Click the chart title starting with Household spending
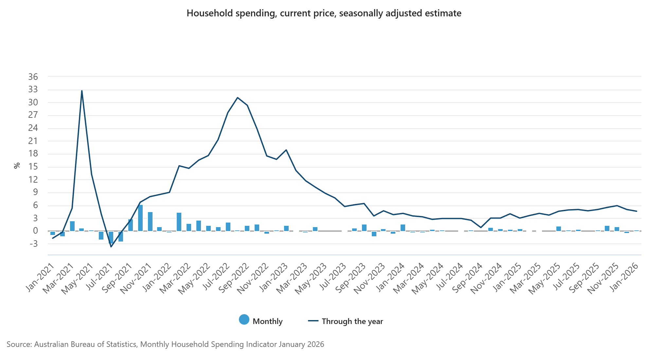coord(324,13)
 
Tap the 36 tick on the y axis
coord(33,77)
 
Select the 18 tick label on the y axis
coord(33,154)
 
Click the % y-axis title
coord(17,166)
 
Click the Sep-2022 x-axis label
coord(234,278)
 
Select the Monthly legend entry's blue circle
coord(244,320)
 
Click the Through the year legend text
coord(352,321)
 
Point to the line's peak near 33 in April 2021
coord(82,91)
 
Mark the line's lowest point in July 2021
coord(111,247)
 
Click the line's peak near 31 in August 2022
coord(237,98)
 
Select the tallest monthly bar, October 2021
coord(140,218)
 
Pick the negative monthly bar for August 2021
coord(121,236)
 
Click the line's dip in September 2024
coord(481,227)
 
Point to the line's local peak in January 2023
coord(286,150)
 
